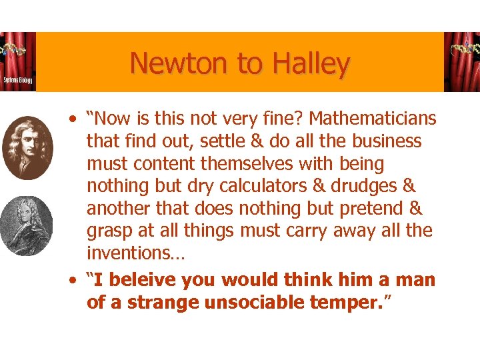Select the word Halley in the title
(x=309, y=64)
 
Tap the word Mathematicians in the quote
(x=373, y=119)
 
